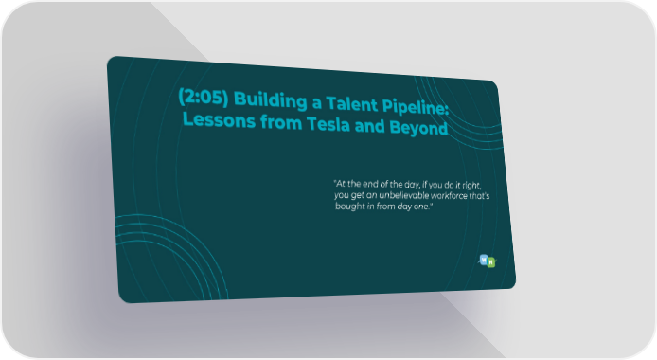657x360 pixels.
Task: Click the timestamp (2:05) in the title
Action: click(204, 97)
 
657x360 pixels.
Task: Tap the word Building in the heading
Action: click(270, 100)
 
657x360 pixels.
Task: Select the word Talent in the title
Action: click(351, 103)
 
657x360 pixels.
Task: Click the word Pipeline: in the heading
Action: click(416, 107)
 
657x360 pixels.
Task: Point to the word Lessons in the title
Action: click(219, 120)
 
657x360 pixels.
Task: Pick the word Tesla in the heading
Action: click(328, 124)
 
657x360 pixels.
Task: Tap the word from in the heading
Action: click(281, 122)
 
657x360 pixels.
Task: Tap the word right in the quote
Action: click(471, 186)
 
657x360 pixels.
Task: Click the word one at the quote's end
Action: click(422, 207)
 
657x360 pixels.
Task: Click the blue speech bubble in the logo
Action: click(484, 260)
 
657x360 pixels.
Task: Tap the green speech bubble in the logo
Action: click(491, 261)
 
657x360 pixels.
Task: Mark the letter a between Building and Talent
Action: click(317, 103)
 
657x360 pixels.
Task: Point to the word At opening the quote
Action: click(340, 183)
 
